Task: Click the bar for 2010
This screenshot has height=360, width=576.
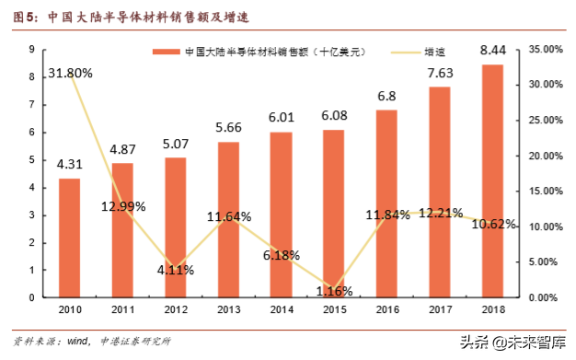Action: coord(69,238)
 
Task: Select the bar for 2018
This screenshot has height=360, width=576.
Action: coord(492,180)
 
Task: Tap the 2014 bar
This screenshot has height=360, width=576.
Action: coord(281,215)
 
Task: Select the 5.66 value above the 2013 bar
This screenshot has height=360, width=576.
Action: coord(228,127)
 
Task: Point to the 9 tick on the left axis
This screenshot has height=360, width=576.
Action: coord(32,49)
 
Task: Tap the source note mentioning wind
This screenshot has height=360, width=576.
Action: coord(92,341)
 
